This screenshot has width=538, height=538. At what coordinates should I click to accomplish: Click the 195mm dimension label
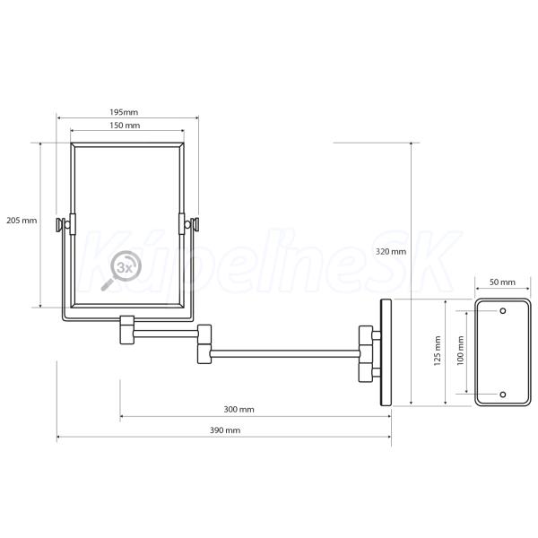click(x=124, y=112)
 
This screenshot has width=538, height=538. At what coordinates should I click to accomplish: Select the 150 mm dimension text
click(x=125, y=126)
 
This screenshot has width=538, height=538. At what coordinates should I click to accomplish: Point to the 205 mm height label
click(x=22, y=221)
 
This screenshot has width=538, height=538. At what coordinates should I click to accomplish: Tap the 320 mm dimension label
click(x=390, y=251)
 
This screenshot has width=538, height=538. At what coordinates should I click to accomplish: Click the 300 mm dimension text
click(x=239, y=410)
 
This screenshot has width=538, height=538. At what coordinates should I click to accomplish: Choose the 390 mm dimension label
click(x=225, y=430)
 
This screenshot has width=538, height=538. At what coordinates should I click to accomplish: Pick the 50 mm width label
click(x=502, y=282)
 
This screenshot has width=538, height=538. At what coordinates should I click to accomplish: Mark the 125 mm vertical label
click(x=438, y=351)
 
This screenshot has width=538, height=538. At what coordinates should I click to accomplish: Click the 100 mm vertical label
click(x=461, y=351)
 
